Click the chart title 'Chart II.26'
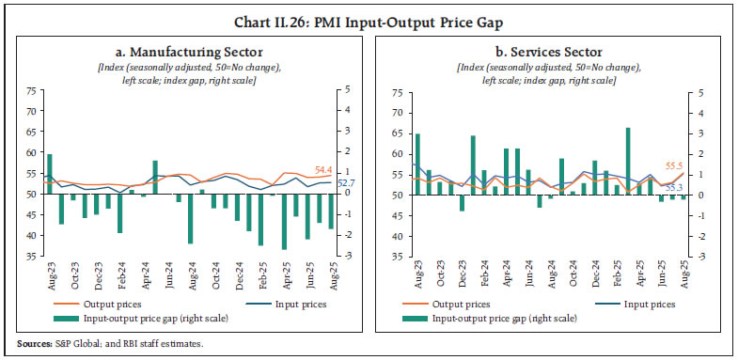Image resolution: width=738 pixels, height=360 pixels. coord(369,12)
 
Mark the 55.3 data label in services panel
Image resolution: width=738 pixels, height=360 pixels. coord(674,188)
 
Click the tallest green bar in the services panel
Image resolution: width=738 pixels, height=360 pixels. coord(627,161)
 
